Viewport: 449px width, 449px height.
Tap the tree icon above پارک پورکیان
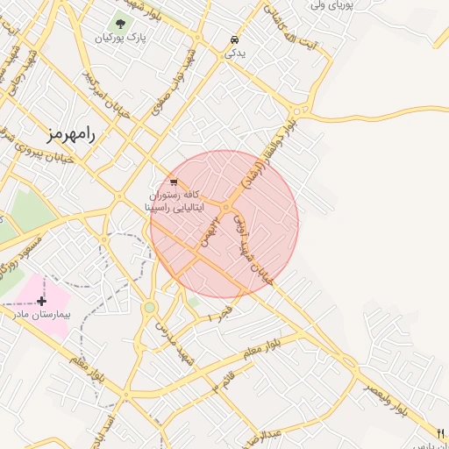coord(119,23)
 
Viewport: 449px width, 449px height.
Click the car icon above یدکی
coord(234,39)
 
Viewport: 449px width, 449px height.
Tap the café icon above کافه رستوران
coord(174,182)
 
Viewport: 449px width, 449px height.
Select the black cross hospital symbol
coord(41,301)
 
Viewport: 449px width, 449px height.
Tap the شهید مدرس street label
coord(173,342)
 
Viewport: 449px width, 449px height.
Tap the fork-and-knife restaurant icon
coord(440,432)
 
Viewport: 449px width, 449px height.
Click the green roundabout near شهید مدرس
coord(150,307)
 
